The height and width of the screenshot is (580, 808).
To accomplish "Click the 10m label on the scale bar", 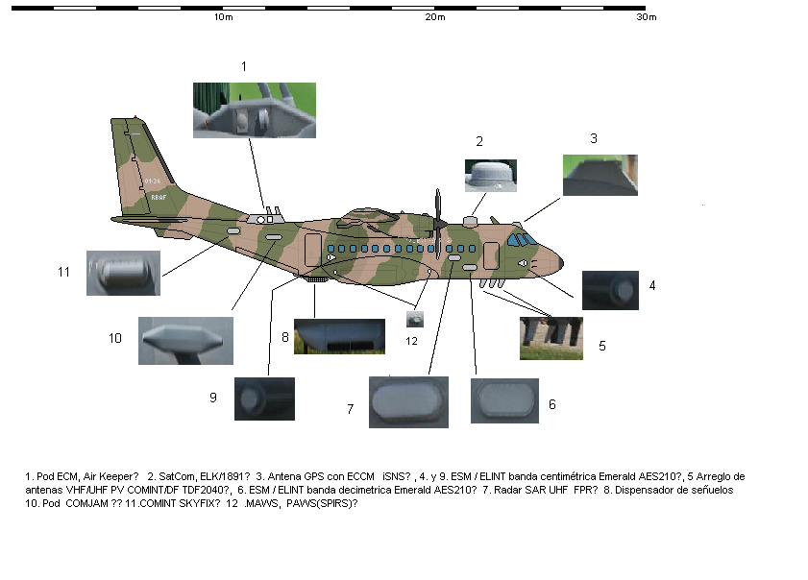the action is (x=224, y=17).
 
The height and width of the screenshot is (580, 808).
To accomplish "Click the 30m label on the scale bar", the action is (x=647, y=17).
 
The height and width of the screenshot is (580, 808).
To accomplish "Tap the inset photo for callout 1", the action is (x=255, y=110).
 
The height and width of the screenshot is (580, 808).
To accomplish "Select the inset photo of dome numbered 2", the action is (x=491, y=176).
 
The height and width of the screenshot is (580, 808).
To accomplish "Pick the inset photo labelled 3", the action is (x=600, y=175).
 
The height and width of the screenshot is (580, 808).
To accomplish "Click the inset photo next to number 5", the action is (x=551, y=338).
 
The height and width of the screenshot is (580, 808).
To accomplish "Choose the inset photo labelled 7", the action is (x=408, y=402).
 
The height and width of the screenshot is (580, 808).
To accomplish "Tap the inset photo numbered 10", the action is (x=185, y=341).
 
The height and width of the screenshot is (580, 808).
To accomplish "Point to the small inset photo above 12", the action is (x=415, y=320).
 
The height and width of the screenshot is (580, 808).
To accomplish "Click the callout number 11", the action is (x=64, y=272).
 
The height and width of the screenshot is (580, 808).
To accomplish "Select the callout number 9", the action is (x=213, y=398).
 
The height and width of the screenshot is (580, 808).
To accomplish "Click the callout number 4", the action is (x=652, y=285).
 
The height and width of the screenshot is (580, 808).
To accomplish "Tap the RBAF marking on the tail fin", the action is (x=159, y=197).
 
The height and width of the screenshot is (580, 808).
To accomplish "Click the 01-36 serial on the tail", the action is (x=153, y=181).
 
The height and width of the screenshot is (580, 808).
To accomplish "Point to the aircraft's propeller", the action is (x=438, y=224).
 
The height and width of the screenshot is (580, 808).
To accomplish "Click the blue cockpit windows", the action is (x=522, y=239).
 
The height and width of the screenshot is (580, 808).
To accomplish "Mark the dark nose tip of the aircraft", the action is (x=561, y=263).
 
